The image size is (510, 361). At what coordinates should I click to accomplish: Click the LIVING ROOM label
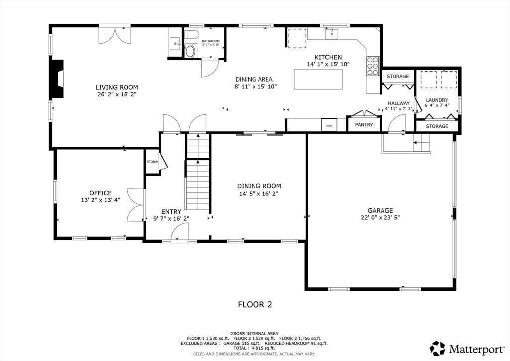tap(117, 87)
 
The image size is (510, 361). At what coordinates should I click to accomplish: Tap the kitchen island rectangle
tap(318, 79)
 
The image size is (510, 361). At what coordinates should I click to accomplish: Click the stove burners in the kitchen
tap(373, 66)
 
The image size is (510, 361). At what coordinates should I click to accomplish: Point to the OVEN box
tap(329, 125)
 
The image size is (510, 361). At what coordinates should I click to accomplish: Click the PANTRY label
tap(364, 124)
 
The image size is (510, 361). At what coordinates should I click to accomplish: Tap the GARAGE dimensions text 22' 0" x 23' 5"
tap(380, 217)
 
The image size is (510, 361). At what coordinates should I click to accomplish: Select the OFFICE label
tap(101, 193)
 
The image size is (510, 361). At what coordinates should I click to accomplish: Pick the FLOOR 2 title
tap(255, 304)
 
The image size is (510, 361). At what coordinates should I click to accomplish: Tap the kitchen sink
tap(331, 33)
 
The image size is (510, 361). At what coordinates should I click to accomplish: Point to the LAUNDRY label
tap(437, 100)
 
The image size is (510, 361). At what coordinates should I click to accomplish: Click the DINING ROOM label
tap(259, 186)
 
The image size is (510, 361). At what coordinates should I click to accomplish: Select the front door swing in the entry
tap(179, 233)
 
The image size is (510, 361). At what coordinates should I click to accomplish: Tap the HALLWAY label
tap(399, 103)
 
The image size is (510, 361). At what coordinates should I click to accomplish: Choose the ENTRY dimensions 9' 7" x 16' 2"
tap(171, 219)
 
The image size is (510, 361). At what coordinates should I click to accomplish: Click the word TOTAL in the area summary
tap(240, 348)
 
